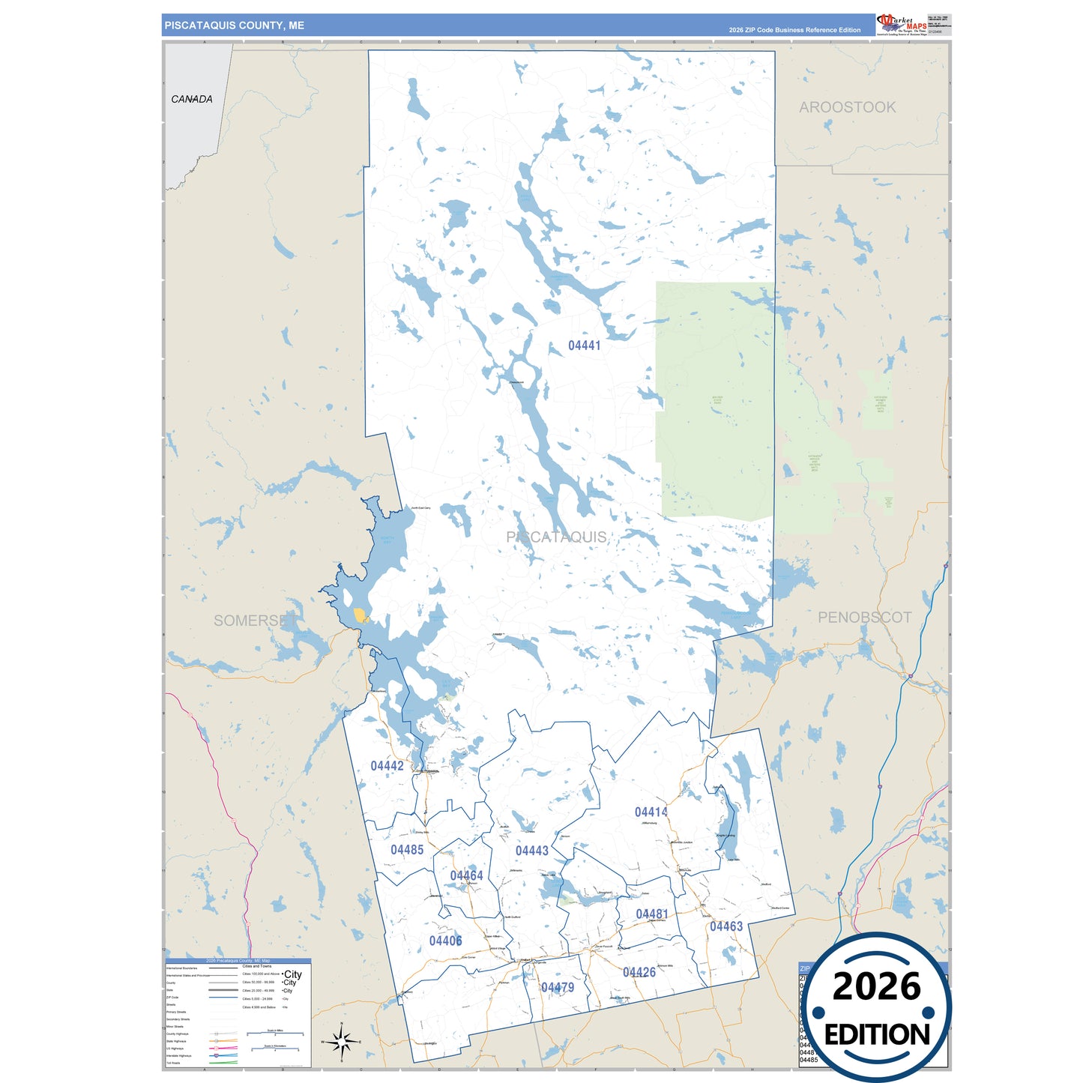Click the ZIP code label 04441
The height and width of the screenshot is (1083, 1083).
click(x=584, y=346)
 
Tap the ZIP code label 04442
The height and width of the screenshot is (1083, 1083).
click(x=387, y=766)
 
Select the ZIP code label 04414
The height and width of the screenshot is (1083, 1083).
click(x=651, y=812)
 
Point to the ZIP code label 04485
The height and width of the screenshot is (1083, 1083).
click(x=407, y=850)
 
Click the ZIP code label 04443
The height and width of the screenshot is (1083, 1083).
click(x=532, y=851)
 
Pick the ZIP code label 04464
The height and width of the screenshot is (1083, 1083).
click(x=466, y=876)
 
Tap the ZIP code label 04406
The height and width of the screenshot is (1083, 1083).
click(x=445, y=941)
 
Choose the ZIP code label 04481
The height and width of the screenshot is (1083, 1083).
click(x=651, y=914)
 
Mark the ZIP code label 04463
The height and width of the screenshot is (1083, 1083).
click(x=726, y=927)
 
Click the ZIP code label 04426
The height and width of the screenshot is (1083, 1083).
click(x=639, y=973)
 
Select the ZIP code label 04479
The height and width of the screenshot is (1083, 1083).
click(x=558, y=988)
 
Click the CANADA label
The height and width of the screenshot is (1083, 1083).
click(x=192, y=99)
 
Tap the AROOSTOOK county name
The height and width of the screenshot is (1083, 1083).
click(x=847, y=107)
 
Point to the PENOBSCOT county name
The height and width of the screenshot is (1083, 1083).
click(x=864, y=618)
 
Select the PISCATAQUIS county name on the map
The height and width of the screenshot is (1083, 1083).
click(x=556, y=537)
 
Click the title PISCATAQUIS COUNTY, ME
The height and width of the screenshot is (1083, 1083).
click(x=235, y=25)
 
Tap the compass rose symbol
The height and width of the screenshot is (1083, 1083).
click(x=341, y=1041)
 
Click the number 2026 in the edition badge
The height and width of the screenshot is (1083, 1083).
click(x=876, y=987)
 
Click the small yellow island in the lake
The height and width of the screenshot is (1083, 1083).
click(x=361, y=615)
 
